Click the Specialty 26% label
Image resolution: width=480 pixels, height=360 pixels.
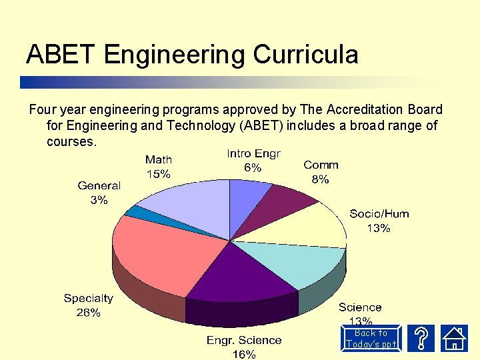click(x=88, y=305)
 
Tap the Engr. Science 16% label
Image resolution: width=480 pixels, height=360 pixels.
click(x=244, y=347)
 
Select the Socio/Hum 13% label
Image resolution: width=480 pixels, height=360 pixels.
click(x=379, y=221)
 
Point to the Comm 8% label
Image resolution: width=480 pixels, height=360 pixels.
click(x=321, y=171)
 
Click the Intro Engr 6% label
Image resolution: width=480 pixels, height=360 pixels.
click(x=253, y=161)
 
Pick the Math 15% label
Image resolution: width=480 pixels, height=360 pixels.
click(x=159, y=167)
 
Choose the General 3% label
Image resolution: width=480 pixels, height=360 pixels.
click(x=99, y=193)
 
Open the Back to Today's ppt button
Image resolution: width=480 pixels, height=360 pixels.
click(x=371, y=339)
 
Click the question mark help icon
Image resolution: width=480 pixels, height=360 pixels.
click(x=421, y=338)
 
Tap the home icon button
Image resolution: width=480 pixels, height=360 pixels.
click(x=455, y=338)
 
